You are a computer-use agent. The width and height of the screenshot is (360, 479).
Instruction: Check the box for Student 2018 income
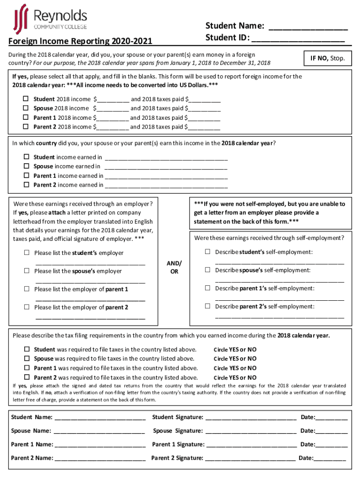(27, 99)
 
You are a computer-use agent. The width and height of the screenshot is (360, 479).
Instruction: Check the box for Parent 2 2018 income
(27, 127)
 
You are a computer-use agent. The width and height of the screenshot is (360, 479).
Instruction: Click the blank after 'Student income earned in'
(166, 158)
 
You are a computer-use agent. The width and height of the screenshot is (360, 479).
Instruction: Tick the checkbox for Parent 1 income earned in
(27, 176)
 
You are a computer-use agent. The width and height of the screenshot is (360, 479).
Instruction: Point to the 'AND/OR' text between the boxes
(174, 267)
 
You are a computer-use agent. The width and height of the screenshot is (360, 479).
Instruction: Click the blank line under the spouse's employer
(90, 281)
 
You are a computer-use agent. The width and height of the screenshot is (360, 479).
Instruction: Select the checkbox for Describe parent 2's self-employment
(207, 306)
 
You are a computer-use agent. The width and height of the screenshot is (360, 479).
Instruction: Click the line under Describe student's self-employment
(279, 262)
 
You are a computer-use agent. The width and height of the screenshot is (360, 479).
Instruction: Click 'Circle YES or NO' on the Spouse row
(235, 359)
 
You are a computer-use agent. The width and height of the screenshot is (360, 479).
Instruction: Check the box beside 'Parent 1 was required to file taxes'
(27, 368)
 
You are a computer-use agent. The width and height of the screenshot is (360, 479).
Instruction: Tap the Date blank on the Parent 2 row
(330, 459)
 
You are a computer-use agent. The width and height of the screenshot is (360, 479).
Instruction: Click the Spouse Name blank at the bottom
(99, 431)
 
